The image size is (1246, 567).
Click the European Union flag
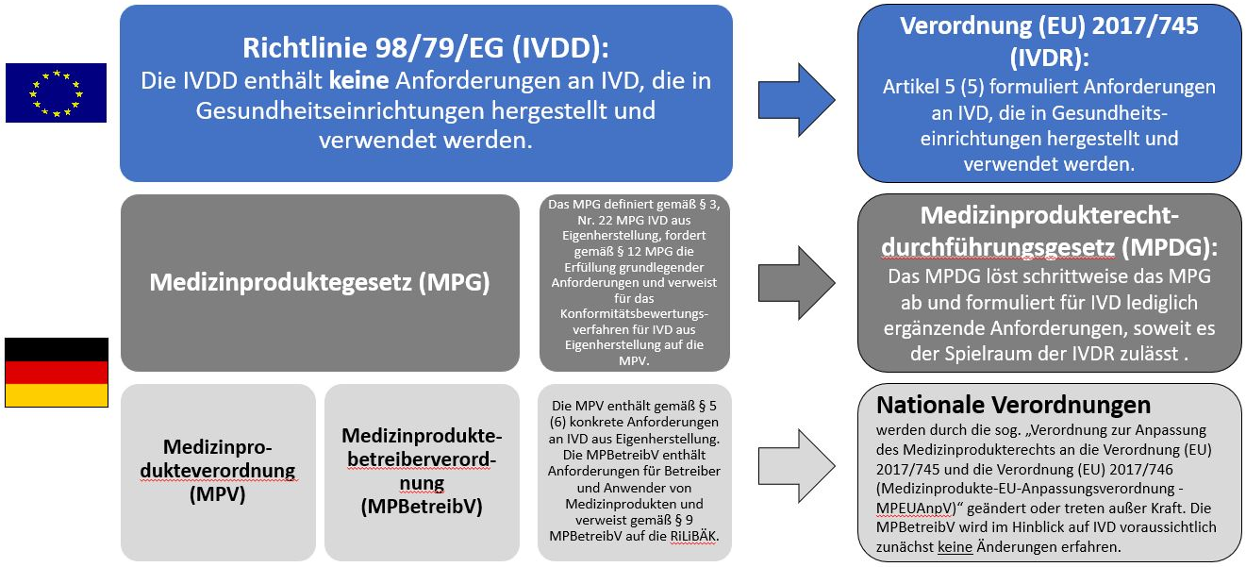pyautogui.click(x=56, y=92)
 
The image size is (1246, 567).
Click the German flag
pyautogui.click(x=57, y=373)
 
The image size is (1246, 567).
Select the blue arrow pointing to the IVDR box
pyautogui.click(x=796, y=100)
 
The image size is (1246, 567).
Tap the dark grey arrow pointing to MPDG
pyautogui.click(x=796, y=283)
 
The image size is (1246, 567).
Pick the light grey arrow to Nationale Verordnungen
pyautogui.click(x=796, y=466)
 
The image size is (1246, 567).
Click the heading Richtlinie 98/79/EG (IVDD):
pyautogui.click(x=425, y=48)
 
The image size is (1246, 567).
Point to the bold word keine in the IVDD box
pyautogui.click(x=358, y=81)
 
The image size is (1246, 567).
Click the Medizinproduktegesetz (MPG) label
pyautogui.click(x=320, y=282)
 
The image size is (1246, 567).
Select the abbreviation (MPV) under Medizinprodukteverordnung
pyautogui.click(x=218, y=494)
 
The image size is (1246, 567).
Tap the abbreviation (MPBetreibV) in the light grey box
pyautogui.click(x=422, y=507)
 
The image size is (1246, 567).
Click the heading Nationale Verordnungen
pyautogui.click(x=1013, y=405)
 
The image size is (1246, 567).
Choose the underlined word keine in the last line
pyautogui.click(x=955, y=547)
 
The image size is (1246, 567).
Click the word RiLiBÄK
pyautogui.click(x=693, y=536)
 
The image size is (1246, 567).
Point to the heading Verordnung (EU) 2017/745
pyautogui.click(x=1049, y=25)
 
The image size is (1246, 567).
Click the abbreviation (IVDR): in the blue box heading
pyautogui.click(x=1049, y=58)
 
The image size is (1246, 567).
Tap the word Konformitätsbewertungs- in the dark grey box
pyautogui.click(x=634, y=314)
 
